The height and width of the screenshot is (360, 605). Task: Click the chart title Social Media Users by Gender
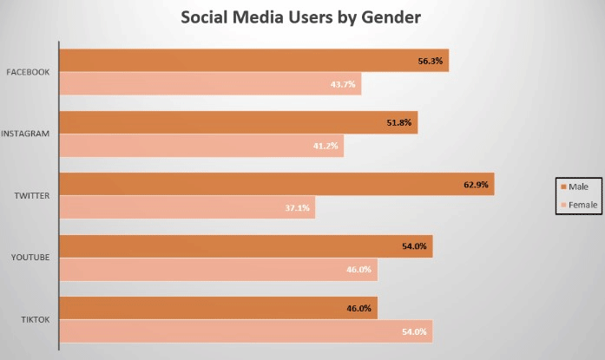[x=302, y=16]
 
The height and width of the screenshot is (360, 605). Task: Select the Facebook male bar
[x=253, y=61]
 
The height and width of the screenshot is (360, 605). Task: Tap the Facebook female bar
[x=210, y=83]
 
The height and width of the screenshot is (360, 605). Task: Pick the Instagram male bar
[x=239, y=123]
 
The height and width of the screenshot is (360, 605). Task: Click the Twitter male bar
[x=276, y=184]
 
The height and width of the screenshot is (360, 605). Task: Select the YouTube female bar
[x=218, y=270]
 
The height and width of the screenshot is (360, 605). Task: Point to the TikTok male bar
[x=218, y=308]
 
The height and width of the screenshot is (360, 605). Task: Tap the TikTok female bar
[x=246, y=331]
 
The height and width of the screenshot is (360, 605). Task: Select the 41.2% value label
[x=326, y=146]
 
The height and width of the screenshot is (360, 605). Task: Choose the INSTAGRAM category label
[x=25, y=134]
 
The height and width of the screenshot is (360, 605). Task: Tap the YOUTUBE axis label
[x=29, y=258]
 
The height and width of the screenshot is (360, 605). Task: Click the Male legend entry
[x=577, y=187]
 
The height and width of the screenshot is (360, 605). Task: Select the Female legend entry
[x=580, y=206]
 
